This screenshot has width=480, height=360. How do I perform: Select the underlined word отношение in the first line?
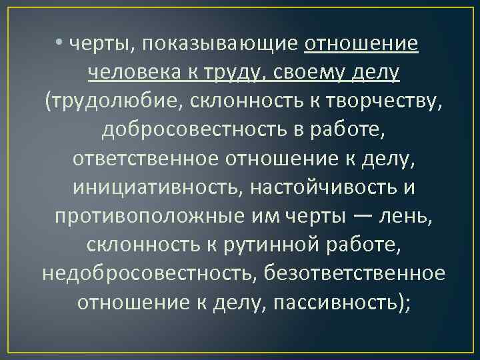click(x=361, y=44)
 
